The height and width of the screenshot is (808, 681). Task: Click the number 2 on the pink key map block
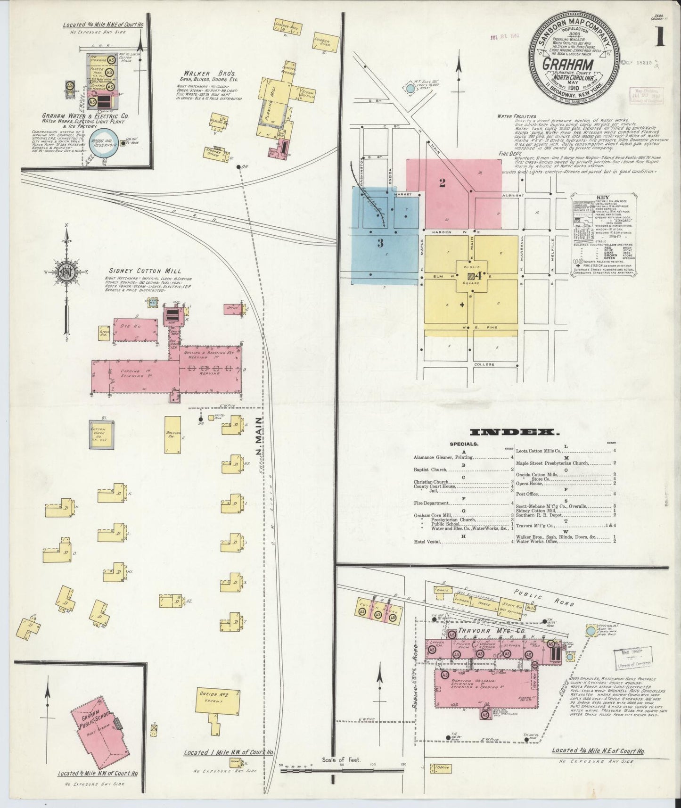(x=442, y=183)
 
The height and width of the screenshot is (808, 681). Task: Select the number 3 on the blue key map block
(x=380, y=244)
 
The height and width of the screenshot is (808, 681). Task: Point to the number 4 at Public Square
(x=479, y=274)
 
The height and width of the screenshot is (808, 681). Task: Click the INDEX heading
(x=514, y=432)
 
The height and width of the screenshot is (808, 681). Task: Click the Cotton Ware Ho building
(x=102, y=433)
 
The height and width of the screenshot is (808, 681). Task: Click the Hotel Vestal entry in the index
(x=427, y=542)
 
